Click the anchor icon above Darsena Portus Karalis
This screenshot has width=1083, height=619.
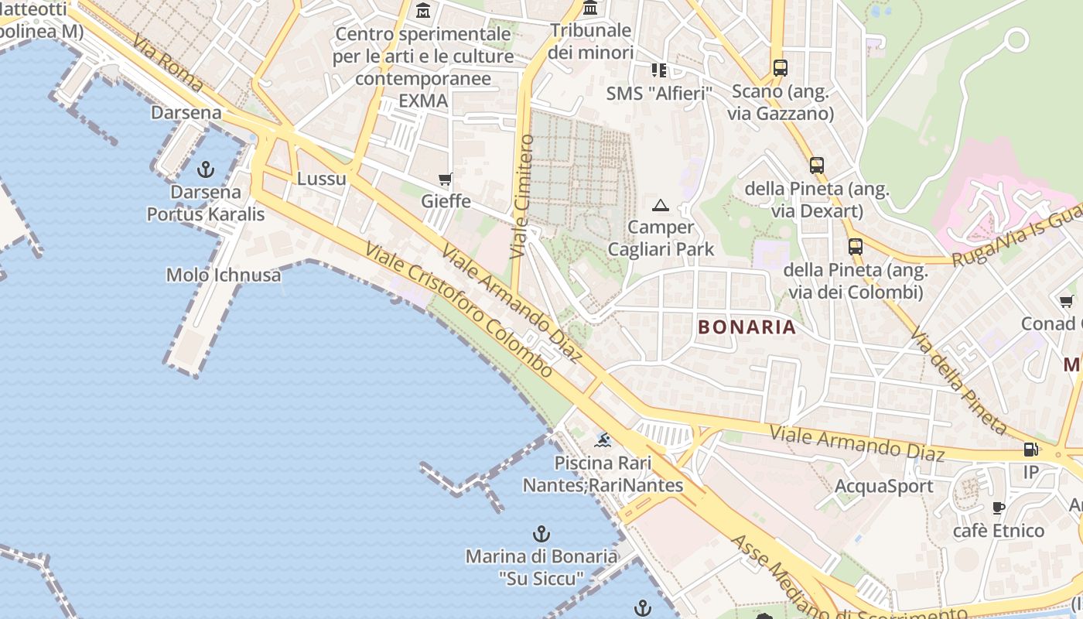pyautogui.click(x=206, y=169)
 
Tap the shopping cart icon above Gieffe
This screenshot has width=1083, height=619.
pyautogui.click(x=446, y=180)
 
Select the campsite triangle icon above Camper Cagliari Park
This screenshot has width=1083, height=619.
pyautogui.click(x=660, y=205)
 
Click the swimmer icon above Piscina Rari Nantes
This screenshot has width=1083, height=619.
pyautogui.click(x=603, y=441)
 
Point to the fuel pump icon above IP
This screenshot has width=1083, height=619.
pyautogui.click(x=1031, y=449)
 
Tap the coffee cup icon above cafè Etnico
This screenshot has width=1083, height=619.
pyautogui.click(x=999, y=508)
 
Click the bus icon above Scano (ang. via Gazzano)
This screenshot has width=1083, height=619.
pyautogui.click(x=780, y=68)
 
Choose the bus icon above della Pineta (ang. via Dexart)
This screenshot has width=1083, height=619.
pyautogui.click(x=817, y=165)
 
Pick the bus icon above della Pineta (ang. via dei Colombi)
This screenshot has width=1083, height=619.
pyautogui.click(x=855, y=247)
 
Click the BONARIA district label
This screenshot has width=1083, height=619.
pyautogui.click(x=746, y=327)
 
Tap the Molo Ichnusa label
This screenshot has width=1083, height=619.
pyautogui.click(x=224, y=275)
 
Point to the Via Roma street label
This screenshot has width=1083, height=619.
pyautogui.click(x=167, y=63)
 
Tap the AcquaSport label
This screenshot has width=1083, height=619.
pyautogui.click(x=884, y=487)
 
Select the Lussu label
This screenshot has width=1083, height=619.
pyautogui.click(x=321, y=179)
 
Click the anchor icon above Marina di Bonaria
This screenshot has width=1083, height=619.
pyautogui.click(x=541, y=534)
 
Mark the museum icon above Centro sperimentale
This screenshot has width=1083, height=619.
pyautogui.click(x=423, y=11)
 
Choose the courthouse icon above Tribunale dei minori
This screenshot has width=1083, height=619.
pyautogui.click(x=591, y=8)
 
